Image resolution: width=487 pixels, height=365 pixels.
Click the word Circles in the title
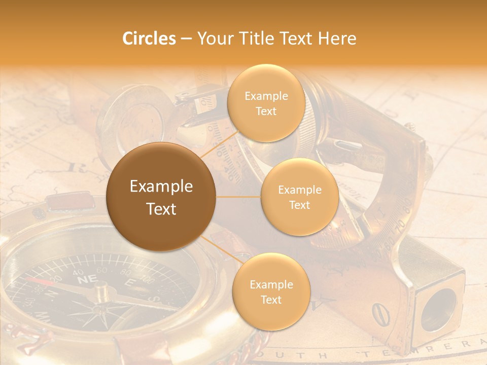click(149, 39)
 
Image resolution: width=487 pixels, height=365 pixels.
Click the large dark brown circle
click(161, 197)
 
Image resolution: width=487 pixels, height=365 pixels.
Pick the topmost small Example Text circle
click(266, 103)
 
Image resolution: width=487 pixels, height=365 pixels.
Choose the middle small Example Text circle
click(299, 197)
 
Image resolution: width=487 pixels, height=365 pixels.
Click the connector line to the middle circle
click(238, 197)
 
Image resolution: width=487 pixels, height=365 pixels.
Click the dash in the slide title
click(186, 39)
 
